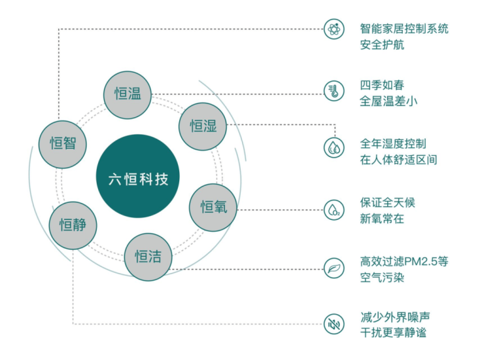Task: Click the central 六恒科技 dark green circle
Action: click(x=137, y=176)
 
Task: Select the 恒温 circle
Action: click(x=128, y=95)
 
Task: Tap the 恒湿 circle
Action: click(x=203, y=127)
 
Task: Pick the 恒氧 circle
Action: click(x=213, y=207)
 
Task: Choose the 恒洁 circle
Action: click(x=148, y=257)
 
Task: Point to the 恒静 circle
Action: click(x=73, y=226)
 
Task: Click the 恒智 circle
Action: click(x=63, y=145)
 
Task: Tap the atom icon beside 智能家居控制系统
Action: click(x=334, y=29)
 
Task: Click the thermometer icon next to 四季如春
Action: click(x=334, y=91)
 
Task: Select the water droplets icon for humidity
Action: click(x=334, y=148)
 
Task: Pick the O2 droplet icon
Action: click(x=334, y=210)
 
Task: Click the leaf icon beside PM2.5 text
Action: click(x=334, y=268)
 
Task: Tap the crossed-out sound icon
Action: click(x=334, y=324)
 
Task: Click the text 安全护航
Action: click(x=382, y=45)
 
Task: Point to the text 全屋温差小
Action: click(x=389, y=101)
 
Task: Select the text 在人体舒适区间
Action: click(x=398, y=160)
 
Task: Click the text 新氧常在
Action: click(x=382, y=219)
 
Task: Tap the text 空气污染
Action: click(x=382, y=278)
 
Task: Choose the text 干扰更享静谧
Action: click(x=393, y=333)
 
